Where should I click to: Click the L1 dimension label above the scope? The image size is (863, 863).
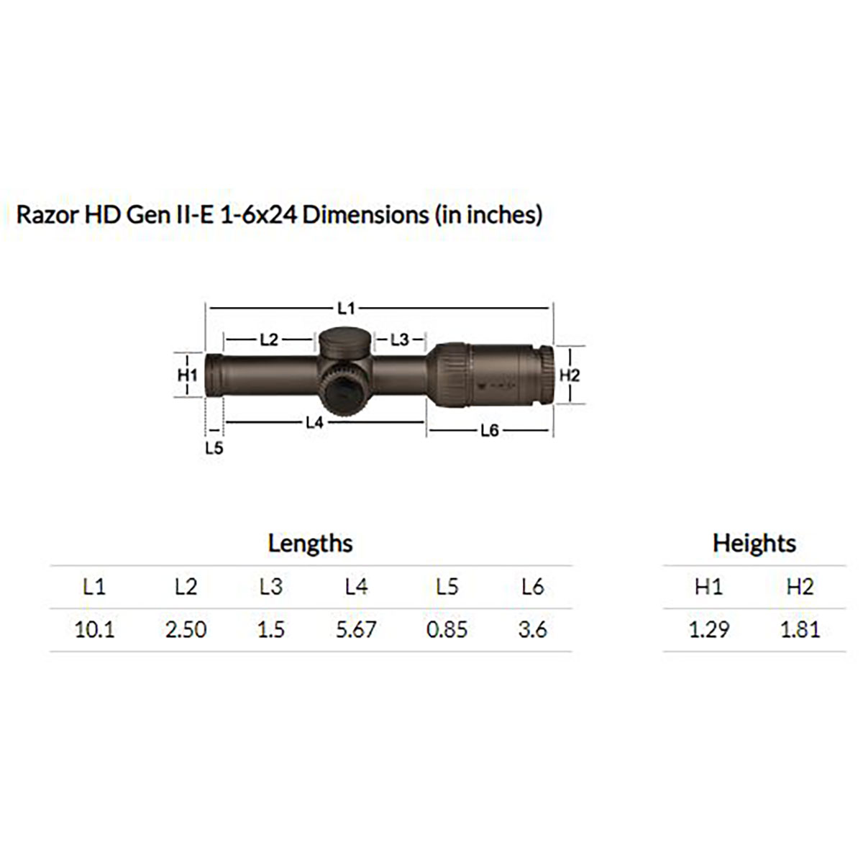(347, 308)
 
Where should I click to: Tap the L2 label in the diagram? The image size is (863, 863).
(269, 339)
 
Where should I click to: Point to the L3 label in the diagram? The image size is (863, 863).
(399, 339)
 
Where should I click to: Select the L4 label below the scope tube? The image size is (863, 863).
(314, 422)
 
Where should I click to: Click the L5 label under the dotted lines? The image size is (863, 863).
(214, 448)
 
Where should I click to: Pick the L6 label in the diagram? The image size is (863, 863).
(489, 431)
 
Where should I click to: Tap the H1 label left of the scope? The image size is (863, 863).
(187, 375)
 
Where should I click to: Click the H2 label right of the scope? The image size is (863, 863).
(569, 375)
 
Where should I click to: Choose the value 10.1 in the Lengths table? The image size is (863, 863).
(94, 630)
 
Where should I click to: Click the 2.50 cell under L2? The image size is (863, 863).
(186, 630)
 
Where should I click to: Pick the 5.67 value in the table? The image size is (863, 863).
(356, 630)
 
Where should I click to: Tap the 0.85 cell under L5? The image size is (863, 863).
(447, 630)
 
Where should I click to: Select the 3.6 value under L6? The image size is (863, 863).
(532, 630)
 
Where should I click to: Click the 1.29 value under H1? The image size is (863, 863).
(708, 630)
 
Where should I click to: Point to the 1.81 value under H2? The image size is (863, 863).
(800, 630)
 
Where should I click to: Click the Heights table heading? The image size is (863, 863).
(754, 543)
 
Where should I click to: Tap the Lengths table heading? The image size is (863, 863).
(310, 543)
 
